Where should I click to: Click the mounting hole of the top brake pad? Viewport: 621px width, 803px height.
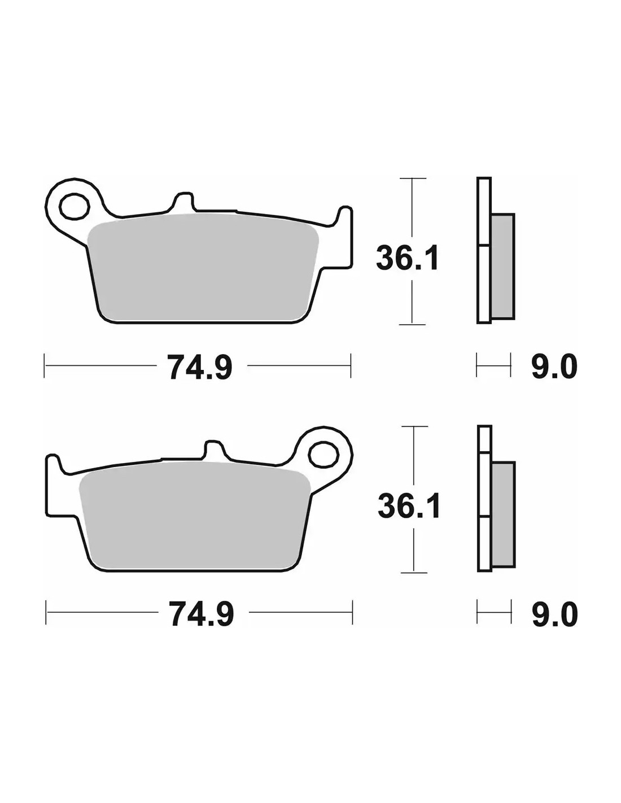[75, 207]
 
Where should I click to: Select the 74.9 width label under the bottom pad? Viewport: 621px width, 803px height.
[202, 614]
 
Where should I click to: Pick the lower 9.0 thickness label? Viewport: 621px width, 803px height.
[554, 614]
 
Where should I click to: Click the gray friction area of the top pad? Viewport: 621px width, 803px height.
[203, 268]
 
